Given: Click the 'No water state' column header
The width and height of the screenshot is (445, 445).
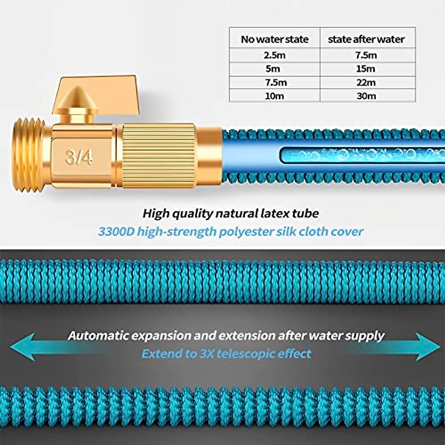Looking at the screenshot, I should (274, 39).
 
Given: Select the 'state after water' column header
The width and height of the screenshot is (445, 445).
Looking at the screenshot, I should (366, 39).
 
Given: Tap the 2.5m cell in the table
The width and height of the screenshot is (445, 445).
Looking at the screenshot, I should (274, 55).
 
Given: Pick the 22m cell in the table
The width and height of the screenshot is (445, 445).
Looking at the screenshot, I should (366, 82).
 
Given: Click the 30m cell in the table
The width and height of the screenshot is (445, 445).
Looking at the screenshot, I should (366, 96).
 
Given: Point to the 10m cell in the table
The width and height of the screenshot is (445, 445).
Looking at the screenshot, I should (274, 96).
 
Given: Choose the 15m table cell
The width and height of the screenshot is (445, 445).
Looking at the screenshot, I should (366, 69).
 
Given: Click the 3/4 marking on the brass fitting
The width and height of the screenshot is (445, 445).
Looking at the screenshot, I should (79, 157).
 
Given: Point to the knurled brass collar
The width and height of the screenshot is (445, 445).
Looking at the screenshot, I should (159, 155).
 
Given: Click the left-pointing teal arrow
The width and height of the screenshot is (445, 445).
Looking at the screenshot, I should (26, 347).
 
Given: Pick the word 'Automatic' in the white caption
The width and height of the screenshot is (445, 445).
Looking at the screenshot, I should (98, 336).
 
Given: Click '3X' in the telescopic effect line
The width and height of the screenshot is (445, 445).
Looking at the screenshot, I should (206, 353).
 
